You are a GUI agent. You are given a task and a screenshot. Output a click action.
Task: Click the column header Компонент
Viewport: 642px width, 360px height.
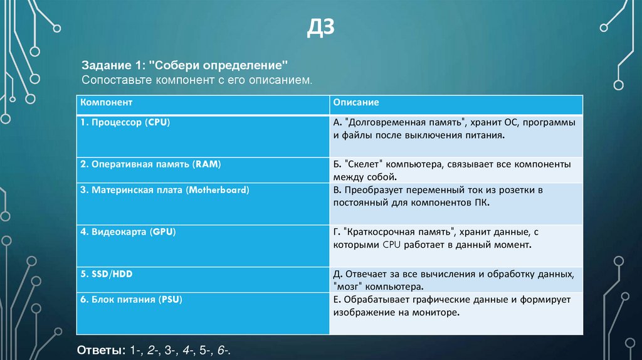point(106,101)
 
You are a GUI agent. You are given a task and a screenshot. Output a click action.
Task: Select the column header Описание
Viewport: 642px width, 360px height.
point(355,101)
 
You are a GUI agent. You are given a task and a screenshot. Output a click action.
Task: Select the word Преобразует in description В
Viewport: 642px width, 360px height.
point(372,189)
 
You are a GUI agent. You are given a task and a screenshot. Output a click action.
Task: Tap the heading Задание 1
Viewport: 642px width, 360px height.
point(111,66)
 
